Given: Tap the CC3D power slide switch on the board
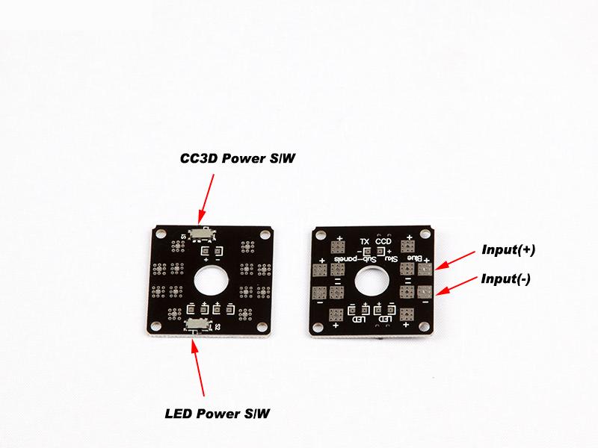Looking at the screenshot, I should tap(201, 233).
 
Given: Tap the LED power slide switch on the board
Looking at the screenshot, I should tap(197, 323).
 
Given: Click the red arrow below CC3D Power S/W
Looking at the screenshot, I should tap(209, 197).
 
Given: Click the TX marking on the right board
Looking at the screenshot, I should tap(365, 241).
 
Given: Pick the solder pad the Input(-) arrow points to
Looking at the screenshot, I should tap(425, 291).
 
